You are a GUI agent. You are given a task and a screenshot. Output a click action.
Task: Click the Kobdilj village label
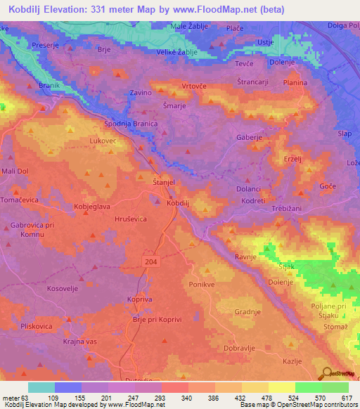click(x=179, y=203)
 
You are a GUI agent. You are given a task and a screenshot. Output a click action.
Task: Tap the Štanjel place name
click(x=164, y=182)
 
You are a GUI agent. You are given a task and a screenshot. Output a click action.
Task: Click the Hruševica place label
click(x=130, y=219)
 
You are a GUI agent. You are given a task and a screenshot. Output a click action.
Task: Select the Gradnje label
click(x=247, y=311)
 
